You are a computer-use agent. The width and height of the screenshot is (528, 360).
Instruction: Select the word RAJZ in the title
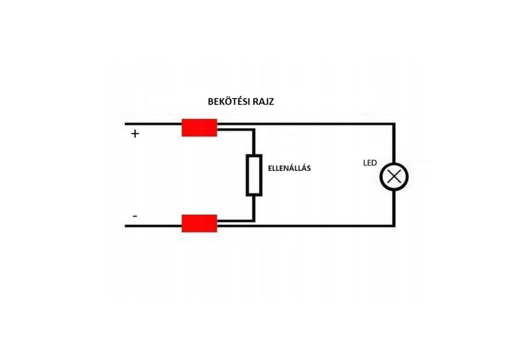(x=263, y=102)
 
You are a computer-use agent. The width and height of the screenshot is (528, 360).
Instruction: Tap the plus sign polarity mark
(x=135, y=134)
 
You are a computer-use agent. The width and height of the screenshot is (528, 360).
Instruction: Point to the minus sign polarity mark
(x=135, y=216)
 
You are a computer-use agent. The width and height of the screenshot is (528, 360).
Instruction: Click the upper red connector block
(x=199, y=127)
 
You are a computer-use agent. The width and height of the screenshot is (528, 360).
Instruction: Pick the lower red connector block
(x=199, y=223)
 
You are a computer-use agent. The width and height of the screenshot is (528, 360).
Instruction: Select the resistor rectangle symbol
(x=254, y=175)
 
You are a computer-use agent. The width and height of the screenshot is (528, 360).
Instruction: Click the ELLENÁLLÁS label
(x=289, y=168)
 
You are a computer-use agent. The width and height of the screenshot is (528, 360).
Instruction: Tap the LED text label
(x=370, y=163)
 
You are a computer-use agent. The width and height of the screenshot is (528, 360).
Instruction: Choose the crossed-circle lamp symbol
(x=394, y=176)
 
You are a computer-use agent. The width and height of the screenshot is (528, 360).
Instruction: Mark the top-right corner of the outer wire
(x=394, y=124)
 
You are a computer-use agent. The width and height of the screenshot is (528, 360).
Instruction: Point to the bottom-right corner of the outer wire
(x=394, y=225)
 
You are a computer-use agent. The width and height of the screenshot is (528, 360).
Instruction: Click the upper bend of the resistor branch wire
(x=254, y=130)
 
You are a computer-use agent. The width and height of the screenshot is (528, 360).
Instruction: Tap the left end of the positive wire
(x=126, y=124)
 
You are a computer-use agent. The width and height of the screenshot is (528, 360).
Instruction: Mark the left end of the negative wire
(x=126, y=225)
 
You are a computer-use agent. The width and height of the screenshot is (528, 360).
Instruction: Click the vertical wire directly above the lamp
(x=394, y=144)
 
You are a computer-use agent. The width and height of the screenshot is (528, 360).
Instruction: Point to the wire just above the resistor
(x=254, y=143)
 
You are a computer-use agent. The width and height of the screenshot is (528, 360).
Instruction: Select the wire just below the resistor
(x=254, y=207)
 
